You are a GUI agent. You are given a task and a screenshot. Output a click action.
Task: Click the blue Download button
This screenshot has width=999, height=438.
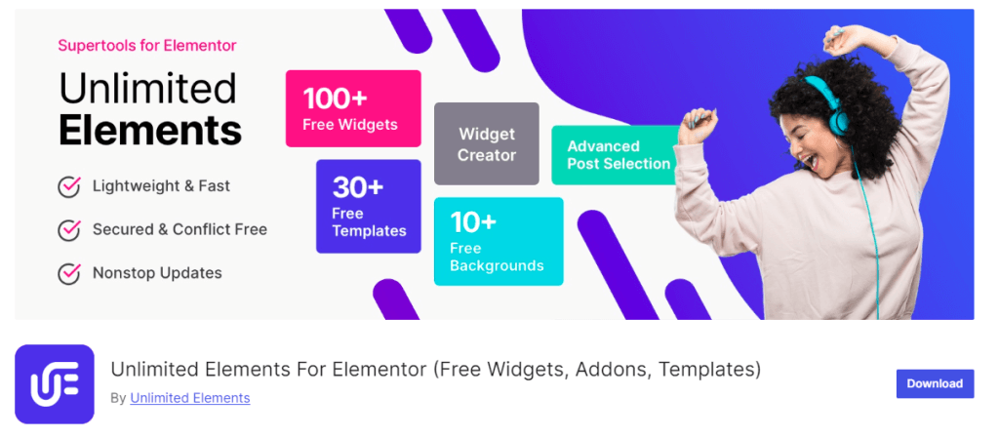(x=935, y=383)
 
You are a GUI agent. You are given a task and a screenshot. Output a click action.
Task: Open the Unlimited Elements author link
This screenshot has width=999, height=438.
(x=190, y=398)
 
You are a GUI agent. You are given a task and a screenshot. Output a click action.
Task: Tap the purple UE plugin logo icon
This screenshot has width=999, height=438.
(x=55, y=384)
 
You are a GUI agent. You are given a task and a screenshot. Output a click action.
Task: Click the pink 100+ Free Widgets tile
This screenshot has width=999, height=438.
(x=353, y=108)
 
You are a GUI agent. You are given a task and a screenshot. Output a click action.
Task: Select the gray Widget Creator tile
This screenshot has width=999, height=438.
(x=487, y=143)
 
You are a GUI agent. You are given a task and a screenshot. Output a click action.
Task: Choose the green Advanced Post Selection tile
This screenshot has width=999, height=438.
(x=615, y=155)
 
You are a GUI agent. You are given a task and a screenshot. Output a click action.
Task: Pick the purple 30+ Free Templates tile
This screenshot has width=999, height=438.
(x=368, y=206)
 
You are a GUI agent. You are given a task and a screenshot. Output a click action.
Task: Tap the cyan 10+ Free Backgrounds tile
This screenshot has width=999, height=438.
(x=499, y=241)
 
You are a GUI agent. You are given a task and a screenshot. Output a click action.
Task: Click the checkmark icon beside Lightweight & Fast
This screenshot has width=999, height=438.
(x=69, y=186)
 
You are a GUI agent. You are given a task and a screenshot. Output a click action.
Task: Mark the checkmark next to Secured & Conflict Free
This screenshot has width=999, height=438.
(x=69, y=230)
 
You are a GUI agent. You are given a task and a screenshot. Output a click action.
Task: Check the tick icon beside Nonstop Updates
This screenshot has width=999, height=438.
(x=69, y=273)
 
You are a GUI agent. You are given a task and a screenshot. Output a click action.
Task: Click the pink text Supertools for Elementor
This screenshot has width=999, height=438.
(x=147, y=45)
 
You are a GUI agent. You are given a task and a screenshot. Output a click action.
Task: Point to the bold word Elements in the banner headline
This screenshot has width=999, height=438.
(x=150, y=130)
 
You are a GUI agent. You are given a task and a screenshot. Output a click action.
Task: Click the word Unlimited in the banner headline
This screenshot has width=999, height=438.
(x=148, y=89)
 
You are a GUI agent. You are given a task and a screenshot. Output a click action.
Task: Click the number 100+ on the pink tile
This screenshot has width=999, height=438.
(x=335, y=99)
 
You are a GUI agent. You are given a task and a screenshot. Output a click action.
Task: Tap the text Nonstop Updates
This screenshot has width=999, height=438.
(x=157, y=273)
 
